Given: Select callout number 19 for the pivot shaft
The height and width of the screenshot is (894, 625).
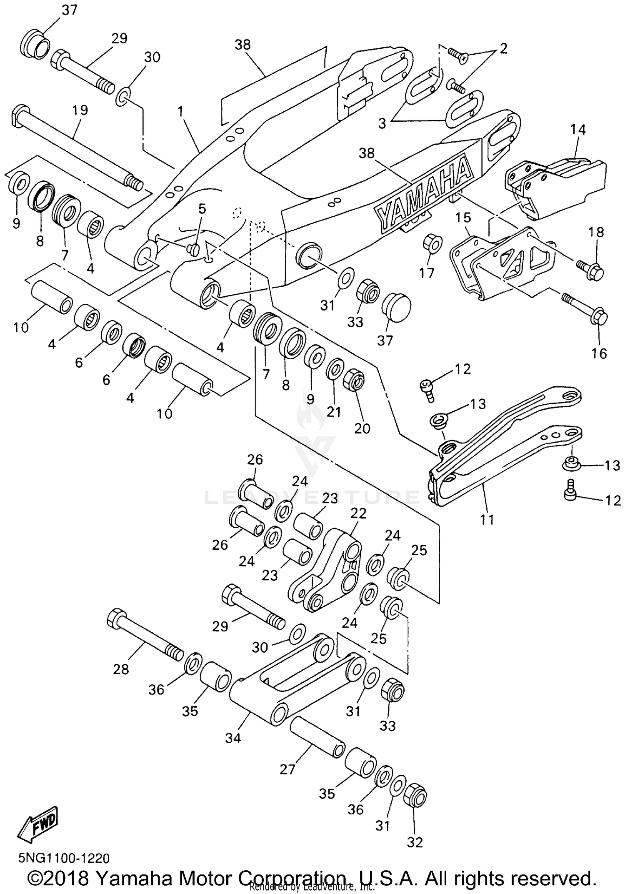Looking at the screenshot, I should click(80, 110).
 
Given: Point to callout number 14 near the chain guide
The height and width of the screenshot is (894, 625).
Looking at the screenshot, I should click(578, 130).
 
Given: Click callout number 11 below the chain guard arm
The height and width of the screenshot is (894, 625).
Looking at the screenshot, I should click(486, 519).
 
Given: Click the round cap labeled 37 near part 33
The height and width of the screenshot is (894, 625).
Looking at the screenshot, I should click(397, 307).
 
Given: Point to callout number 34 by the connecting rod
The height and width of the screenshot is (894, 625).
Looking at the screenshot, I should click(233, 738).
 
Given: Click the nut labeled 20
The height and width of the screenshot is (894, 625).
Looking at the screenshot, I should click(355, 379).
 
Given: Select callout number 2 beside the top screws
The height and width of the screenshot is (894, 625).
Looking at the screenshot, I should click(503, 49).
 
